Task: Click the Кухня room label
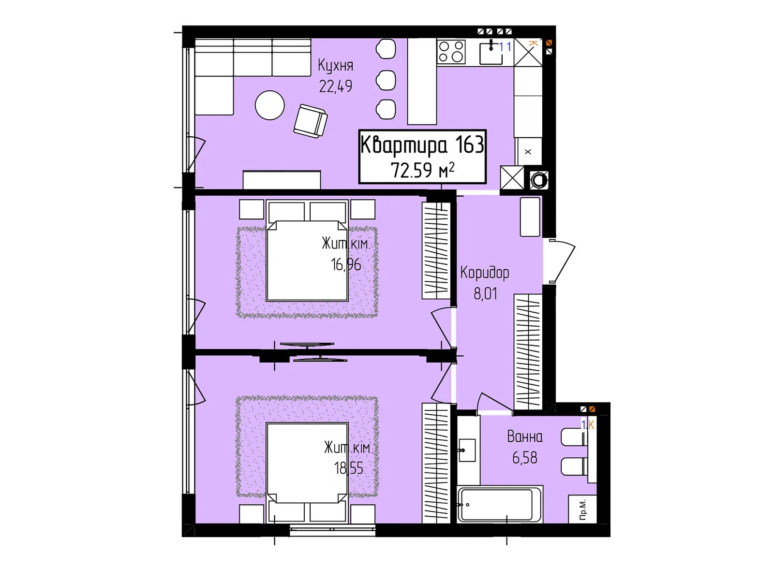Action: coord(335,66)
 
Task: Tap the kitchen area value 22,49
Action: coord(335,87)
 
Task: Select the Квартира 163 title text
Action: coord(422,145)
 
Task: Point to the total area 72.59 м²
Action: coord(422,171)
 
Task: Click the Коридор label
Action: coord(485,273)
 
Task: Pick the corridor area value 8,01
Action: coord(485,294)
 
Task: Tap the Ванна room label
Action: coord(525,437)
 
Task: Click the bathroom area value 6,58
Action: coord(525,458)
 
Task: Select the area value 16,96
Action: coord(346,264)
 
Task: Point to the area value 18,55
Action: coord(348,468)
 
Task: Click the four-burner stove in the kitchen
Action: coord(451,52)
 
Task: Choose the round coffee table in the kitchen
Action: coord(270,105)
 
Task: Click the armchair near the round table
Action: coord(310,121)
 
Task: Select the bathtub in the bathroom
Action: coord(500,505)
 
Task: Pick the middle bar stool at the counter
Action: coord(386,80)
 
